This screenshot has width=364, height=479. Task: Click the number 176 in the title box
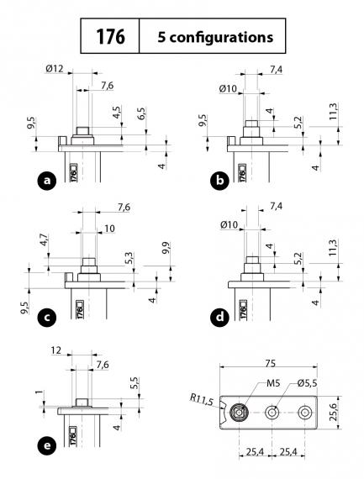point(110,36)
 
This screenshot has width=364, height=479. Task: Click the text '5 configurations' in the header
point(215,37)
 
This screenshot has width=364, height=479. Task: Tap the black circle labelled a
point(47,181)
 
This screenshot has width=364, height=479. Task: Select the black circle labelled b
point(219,181)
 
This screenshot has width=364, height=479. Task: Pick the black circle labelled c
point(47,318)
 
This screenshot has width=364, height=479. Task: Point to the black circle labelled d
point(219,318)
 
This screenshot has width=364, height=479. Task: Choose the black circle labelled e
point(47,445)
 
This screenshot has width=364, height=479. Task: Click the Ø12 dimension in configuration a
point(55,69)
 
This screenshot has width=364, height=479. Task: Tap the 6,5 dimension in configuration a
point(141,114)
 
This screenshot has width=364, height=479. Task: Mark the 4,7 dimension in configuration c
point(44,240)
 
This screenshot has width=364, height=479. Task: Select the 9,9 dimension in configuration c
point(166,249)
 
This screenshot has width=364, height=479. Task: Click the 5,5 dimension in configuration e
point(135,383)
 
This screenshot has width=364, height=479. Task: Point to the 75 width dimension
point(270,363)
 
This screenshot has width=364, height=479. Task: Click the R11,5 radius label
point(202,399)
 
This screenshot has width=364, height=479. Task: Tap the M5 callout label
point(273,383)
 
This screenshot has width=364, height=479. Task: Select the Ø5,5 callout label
point(307,383)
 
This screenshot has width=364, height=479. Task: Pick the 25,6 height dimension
point(334,412)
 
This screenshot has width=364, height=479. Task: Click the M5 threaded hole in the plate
point(239,413)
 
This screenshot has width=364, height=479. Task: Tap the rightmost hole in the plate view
point(304,413)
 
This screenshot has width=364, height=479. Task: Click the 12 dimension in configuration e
point(56,350)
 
